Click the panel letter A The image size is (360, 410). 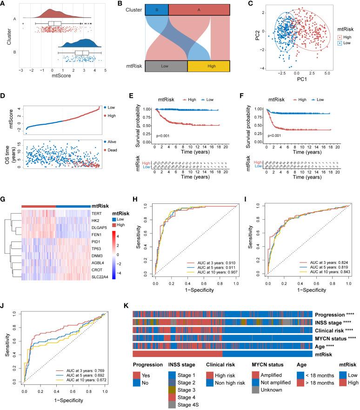(x=4, y=4)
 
